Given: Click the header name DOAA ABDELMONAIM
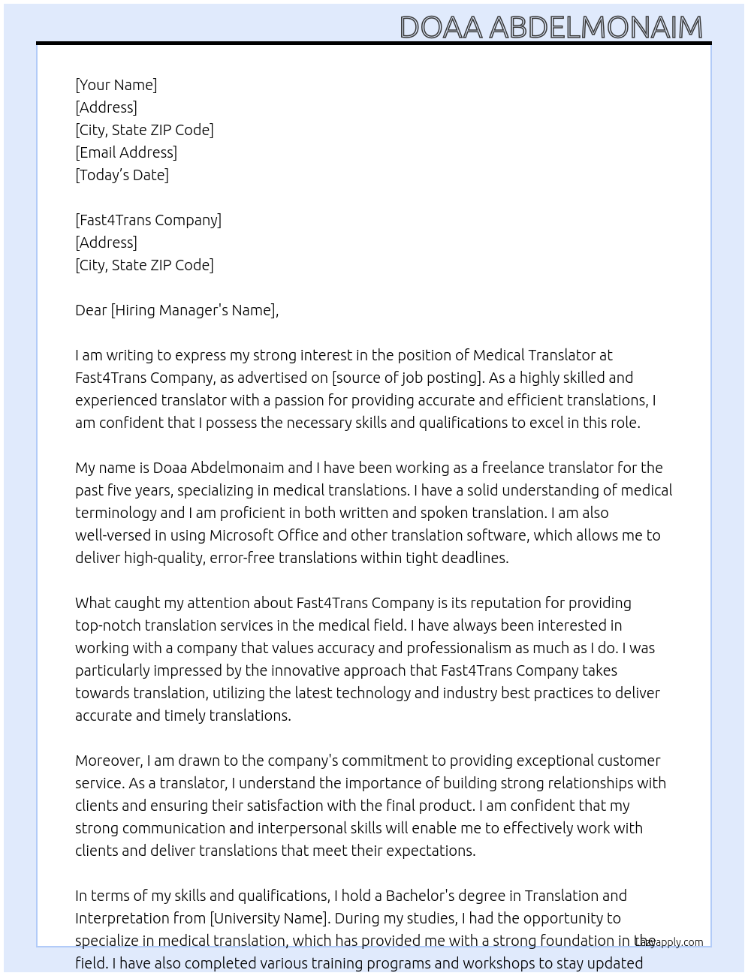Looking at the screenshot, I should [550, 28].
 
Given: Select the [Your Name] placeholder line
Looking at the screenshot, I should [116, 85].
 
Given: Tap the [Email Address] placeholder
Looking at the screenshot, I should [126, 152].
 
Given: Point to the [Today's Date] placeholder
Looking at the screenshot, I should [122, 175].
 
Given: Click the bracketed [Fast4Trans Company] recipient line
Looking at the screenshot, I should [148, 220].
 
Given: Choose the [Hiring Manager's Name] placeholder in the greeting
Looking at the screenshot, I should [194, 310].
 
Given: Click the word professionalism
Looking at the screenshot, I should [459, 648].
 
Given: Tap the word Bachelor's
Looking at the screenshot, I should [418, 896].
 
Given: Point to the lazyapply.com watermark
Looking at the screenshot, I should [669, 942].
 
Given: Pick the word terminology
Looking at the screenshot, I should [116, 513].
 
